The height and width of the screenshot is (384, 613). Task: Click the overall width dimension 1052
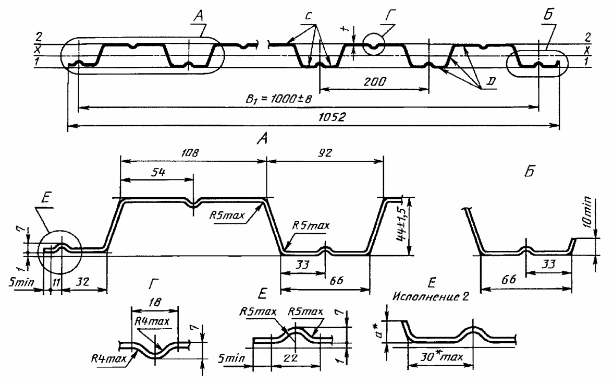pos(332,117)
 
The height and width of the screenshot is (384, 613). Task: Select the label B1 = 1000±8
pos(279,98)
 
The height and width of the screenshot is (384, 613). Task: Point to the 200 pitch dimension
pos(374,81)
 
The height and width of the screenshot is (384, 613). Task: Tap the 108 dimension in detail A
pos(190,152)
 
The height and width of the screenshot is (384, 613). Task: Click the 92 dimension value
pos(325,152)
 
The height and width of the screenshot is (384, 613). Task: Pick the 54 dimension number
pos(157,172)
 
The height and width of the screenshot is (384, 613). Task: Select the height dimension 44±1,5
pos(401,226)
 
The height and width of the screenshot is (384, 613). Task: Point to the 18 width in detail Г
pos(155,302)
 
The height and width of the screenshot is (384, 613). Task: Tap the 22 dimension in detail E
pos(291,358)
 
